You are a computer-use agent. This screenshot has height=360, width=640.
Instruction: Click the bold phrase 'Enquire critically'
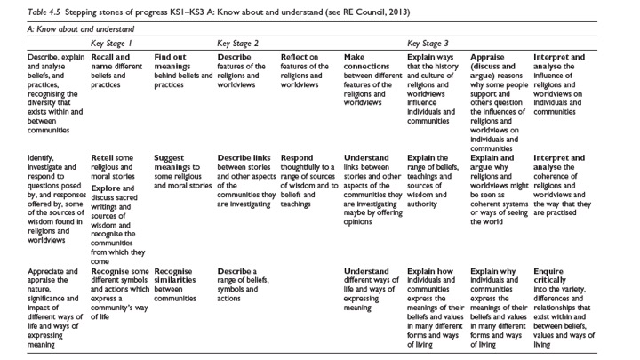pyautogui.click(x=551, y=273)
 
